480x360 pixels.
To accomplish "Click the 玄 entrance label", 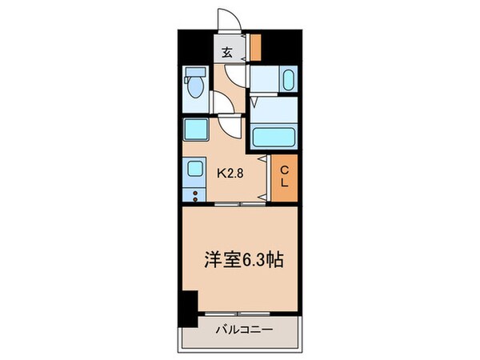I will coord(226,53).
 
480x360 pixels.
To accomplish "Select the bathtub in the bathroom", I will coord(274,137).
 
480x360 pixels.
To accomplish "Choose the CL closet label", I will coord(283,175).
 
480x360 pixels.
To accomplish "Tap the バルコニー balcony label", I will coord(244,329).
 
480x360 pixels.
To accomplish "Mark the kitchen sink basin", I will coord(194,170).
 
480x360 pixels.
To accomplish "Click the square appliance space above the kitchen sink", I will coord(194,130).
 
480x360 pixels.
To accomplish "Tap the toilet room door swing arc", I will coord(220,103).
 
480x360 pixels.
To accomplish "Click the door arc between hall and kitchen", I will coord(230,125).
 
